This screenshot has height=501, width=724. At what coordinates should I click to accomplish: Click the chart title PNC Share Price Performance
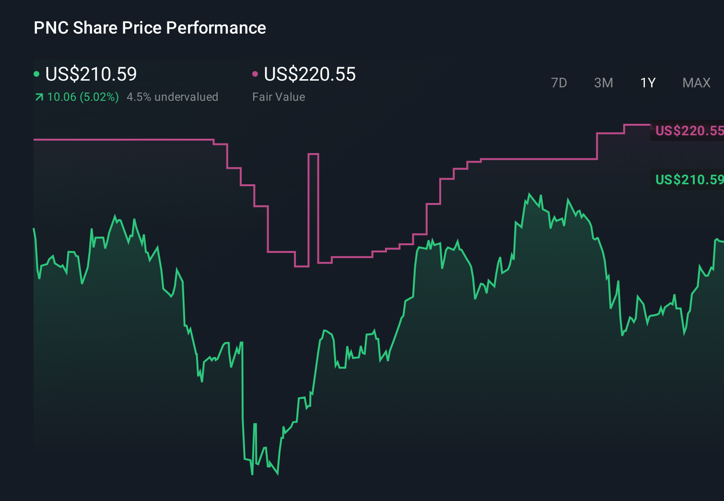tap(150, 28)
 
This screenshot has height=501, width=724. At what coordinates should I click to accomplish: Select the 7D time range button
tap(559, 83)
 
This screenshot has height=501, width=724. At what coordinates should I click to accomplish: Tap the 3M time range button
tap(603, 83)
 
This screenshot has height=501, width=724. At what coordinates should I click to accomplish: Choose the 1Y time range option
tap(648, 83)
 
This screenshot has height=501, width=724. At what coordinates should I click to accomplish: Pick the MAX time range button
tap(696, 83)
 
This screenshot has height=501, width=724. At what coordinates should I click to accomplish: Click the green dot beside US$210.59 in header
tap(36, 74)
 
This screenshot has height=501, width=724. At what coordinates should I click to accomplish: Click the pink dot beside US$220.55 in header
tap(255, 74)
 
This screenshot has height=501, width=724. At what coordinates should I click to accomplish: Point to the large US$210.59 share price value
tap(91, 74)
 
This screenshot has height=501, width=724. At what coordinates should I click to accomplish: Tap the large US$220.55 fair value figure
tap(310, 74)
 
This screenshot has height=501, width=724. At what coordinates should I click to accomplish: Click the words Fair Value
tap(279, 97)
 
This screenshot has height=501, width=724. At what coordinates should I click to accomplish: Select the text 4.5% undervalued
tap(172, 97)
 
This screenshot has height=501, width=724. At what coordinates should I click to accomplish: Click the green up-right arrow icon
tap(39, 97)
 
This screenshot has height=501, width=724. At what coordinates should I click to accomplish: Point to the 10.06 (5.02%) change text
tap(83, 97)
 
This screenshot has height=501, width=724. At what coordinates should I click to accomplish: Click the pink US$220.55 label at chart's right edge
tap(689, 131)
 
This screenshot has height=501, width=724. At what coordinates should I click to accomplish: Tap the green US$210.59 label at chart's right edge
tap(689, 179)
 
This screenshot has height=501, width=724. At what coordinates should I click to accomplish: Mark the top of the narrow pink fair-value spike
tap(313, 154)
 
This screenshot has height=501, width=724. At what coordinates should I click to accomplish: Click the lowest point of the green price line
tap(252, 474)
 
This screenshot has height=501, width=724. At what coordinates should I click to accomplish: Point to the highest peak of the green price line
tap(529, 194)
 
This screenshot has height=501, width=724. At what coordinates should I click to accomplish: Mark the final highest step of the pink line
tap(637, 125)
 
